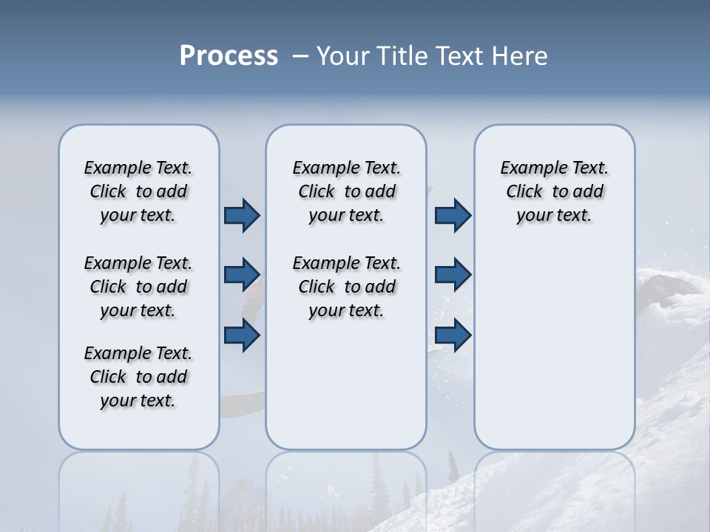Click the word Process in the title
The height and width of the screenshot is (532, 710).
(x=229, y=56)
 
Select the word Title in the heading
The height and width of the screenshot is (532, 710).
(x=401, y=56)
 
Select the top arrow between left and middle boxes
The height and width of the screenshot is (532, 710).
(x=242, y=215)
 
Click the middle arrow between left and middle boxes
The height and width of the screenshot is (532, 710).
(x=242, y=274)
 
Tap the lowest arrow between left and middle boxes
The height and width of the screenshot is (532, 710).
(x=242, y=335)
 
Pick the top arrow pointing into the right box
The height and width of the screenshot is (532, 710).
(x=453, y=215)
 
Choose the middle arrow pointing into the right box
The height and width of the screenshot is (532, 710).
(x=453, y=274)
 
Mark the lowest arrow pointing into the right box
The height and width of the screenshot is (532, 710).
(x=453, y=335)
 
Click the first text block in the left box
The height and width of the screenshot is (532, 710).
(x=138, y=191)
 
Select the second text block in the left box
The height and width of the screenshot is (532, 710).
(x=138, y=287)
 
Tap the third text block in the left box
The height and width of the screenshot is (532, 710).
(x=138, y=377)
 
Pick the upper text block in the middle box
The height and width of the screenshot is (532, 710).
(x=346, y=191)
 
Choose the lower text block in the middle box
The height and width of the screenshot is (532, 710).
(x=346, y=287)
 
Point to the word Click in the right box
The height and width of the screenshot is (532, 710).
(x=524, y=191)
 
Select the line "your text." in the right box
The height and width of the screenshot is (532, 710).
(x=554, y=215)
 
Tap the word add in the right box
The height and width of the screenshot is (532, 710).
(x=589, y=191)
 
